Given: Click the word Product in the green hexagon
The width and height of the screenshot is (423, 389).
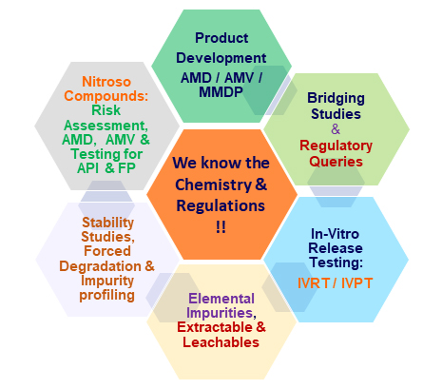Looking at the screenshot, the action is (x=221, y=38).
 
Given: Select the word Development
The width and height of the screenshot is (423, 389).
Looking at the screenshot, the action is (x=221, y=58).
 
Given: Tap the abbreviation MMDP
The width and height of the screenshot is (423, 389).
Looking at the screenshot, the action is (x=221, y=92).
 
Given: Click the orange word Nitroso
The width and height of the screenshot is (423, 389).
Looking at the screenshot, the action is (x=106, y=82).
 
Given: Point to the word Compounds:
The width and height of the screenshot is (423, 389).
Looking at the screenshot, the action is (x=106, y=96).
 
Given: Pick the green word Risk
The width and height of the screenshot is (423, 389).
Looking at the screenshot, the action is (x=106, y=110).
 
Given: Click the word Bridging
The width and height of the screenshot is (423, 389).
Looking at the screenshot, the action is (x=336, y=98).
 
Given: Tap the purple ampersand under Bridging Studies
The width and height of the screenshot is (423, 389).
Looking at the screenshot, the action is (x=336, y=129).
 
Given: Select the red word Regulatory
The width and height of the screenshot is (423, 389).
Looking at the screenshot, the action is (x=336, y=146).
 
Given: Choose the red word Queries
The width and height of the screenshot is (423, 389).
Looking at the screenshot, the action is (x=336, y=162).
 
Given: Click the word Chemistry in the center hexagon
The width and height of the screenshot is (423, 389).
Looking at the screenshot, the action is (x=213, y=185).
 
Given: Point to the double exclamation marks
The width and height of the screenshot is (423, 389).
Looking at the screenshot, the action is (x=221, y=227).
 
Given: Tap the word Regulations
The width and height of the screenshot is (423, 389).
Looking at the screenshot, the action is (x=221, y=205).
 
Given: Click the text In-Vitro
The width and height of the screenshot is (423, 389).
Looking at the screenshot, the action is (x=335, y=234).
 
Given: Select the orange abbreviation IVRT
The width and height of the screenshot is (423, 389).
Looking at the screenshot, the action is (x=314, y=283).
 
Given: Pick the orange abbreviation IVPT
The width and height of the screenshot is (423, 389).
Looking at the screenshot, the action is (x=356, y=283).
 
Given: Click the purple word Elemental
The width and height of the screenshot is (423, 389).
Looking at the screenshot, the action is (x=221, y=299).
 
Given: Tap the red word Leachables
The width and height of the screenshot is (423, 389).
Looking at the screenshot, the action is (x=221, y=342).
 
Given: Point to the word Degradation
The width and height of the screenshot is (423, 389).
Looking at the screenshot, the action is (x=101, y=266).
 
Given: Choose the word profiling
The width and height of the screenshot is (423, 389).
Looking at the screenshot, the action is (x=106, y=296).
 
